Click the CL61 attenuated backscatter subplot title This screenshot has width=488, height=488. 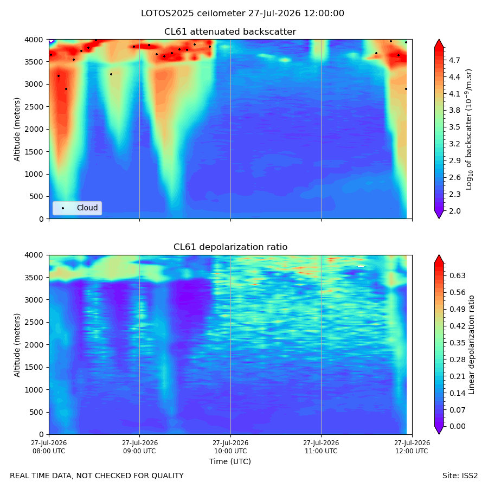point(230,32)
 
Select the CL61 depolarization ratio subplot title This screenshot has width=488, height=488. point(230,247)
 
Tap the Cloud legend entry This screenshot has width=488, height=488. point(77,208)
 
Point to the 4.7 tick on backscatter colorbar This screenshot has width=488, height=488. point(454,60)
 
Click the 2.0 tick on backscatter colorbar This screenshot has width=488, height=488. point(454,211)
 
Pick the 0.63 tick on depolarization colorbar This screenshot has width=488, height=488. point(457,275)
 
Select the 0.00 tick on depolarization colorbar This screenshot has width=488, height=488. point(457,426)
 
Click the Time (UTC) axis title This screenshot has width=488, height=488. point(230,461)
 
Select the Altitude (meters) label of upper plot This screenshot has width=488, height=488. point(17,130)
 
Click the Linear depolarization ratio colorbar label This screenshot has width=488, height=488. point(471,345)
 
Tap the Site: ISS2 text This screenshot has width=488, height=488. point(460,476)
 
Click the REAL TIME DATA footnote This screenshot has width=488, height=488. point(97,476)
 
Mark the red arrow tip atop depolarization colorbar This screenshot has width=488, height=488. point(439,255)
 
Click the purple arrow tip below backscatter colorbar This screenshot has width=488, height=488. point(439,219)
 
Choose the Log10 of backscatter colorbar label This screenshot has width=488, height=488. point(469,130)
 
